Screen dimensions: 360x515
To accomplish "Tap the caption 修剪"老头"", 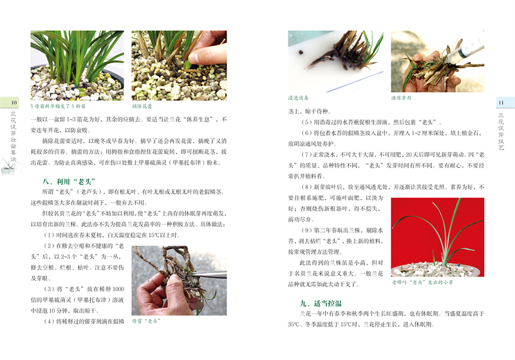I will pos(149,320).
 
